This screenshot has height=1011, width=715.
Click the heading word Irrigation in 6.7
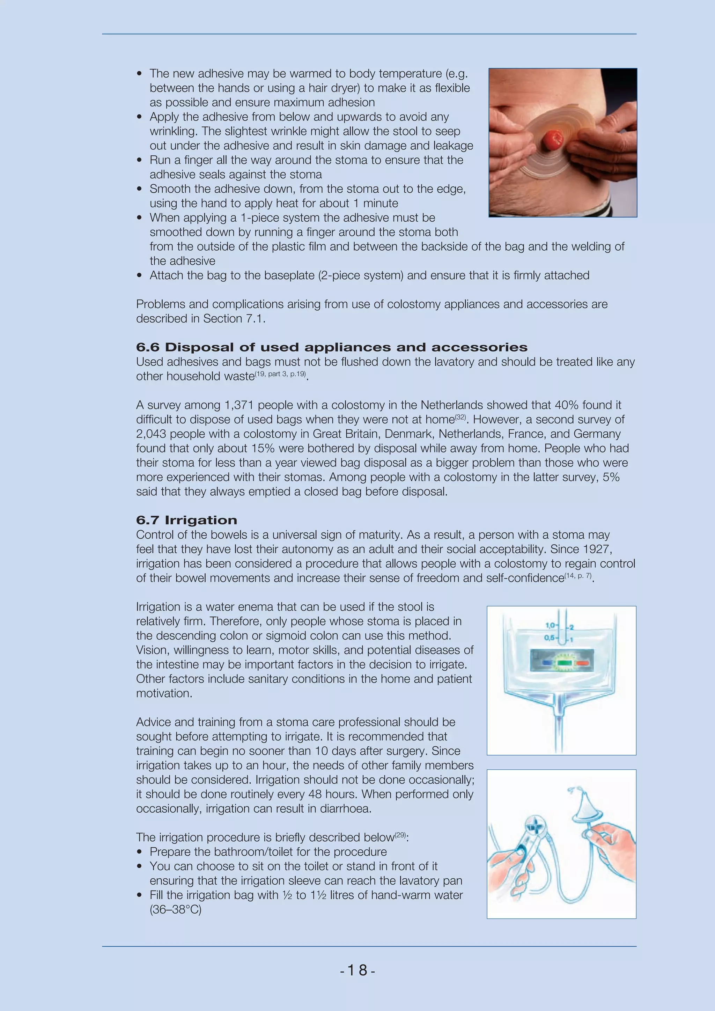(x=201, y=520)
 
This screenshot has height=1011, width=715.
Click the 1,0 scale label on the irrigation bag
(x=550, y=625)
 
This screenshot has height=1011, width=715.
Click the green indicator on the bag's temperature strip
(x=562, y=662)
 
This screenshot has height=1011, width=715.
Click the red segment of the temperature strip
(x=582, y=662)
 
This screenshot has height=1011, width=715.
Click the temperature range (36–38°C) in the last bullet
(x=176, y=910)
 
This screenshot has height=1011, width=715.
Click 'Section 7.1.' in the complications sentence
(x=234, y=319)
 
